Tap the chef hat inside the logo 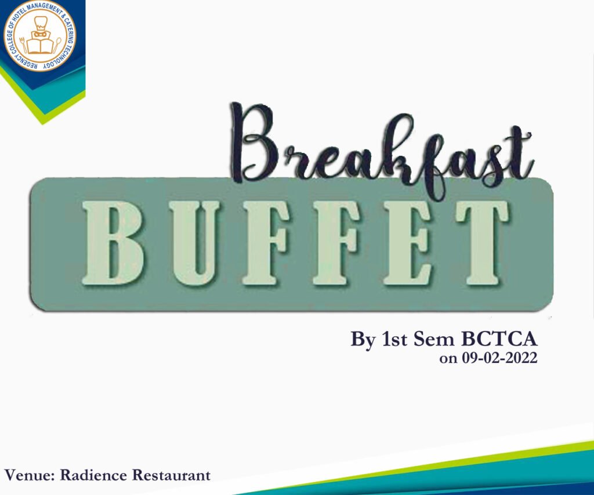click(x=39, y=24)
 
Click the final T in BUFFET click(x=481, y=243)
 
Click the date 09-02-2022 click(x=499, y=358)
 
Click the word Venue click(x=28, y=476)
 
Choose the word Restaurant click(x=171, y=476)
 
